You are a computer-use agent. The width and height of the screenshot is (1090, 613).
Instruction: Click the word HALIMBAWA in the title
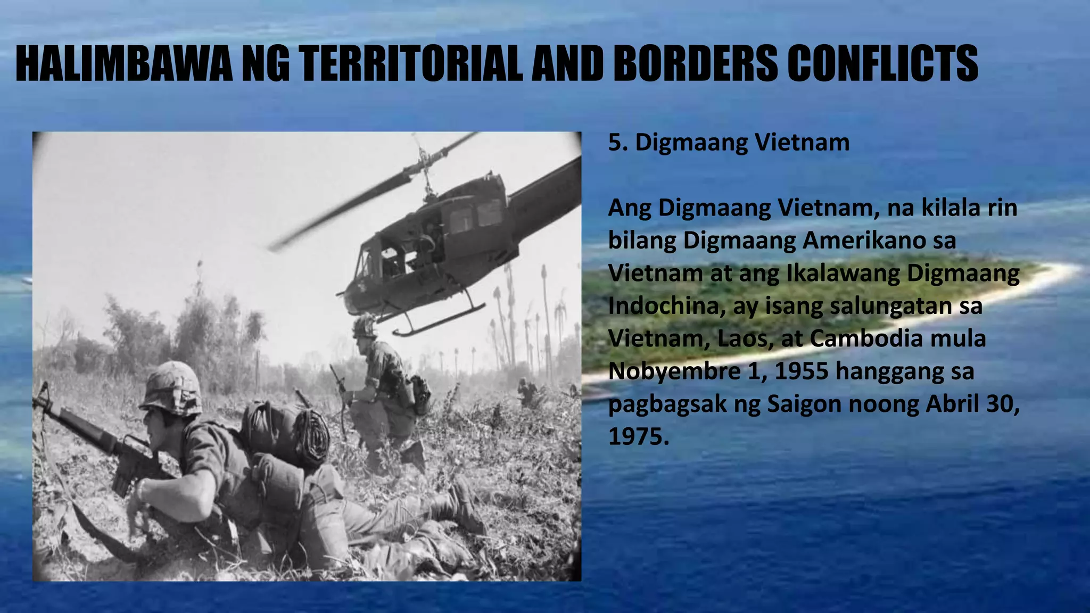coord(123,64)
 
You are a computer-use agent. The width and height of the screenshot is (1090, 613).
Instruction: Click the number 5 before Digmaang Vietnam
coord(615,143)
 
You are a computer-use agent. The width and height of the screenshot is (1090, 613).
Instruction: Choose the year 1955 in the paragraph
coord(801,371)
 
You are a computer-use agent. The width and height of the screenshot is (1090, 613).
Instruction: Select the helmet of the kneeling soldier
coord(364,326)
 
